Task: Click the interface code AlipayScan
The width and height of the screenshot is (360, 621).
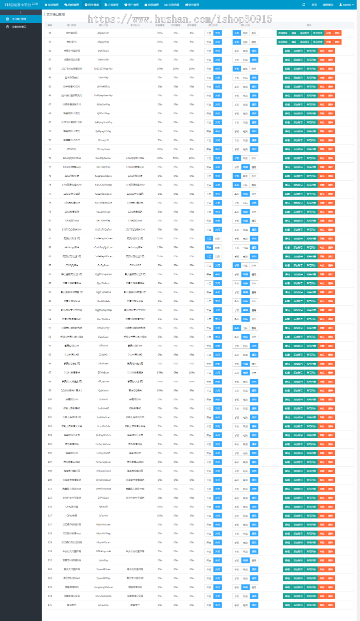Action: (x=103, y=33)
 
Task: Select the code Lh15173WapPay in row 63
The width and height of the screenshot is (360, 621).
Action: (x=103, y=69)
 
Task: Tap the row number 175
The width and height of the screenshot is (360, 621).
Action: (x=50, y=605)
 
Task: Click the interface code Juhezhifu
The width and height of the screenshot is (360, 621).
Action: (x=103, y=605)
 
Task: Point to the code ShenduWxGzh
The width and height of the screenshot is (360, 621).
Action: (x=103, y=596)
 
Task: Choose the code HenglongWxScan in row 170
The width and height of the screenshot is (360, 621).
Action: (x=103, y=587)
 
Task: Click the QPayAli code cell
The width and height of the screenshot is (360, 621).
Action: (x=103, y=507)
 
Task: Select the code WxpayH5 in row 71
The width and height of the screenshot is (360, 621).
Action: (x=103, y=140)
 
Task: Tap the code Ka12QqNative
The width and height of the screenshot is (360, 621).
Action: (x=103, y=158)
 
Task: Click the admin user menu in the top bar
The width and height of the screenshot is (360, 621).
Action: (x=346, y=5)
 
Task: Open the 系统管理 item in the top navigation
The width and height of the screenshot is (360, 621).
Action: (x=52, y=5)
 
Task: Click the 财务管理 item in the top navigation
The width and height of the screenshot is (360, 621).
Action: (x=192, y=5)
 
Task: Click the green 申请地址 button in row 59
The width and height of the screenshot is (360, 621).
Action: (x=283, y=42)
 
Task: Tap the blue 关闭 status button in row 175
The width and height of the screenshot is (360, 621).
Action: (x=217, y=605)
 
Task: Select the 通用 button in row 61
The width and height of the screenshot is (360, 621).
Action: (x=254, y=51)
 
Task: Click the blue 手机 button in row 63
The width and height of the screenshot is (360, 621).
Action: (x=236, y=69)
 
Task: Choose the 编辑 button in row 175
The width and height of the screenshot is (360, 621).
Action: (x=287, y=605)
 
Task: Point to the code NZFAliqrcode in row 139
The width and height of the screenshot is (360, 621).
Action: (x=103, y=551)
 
